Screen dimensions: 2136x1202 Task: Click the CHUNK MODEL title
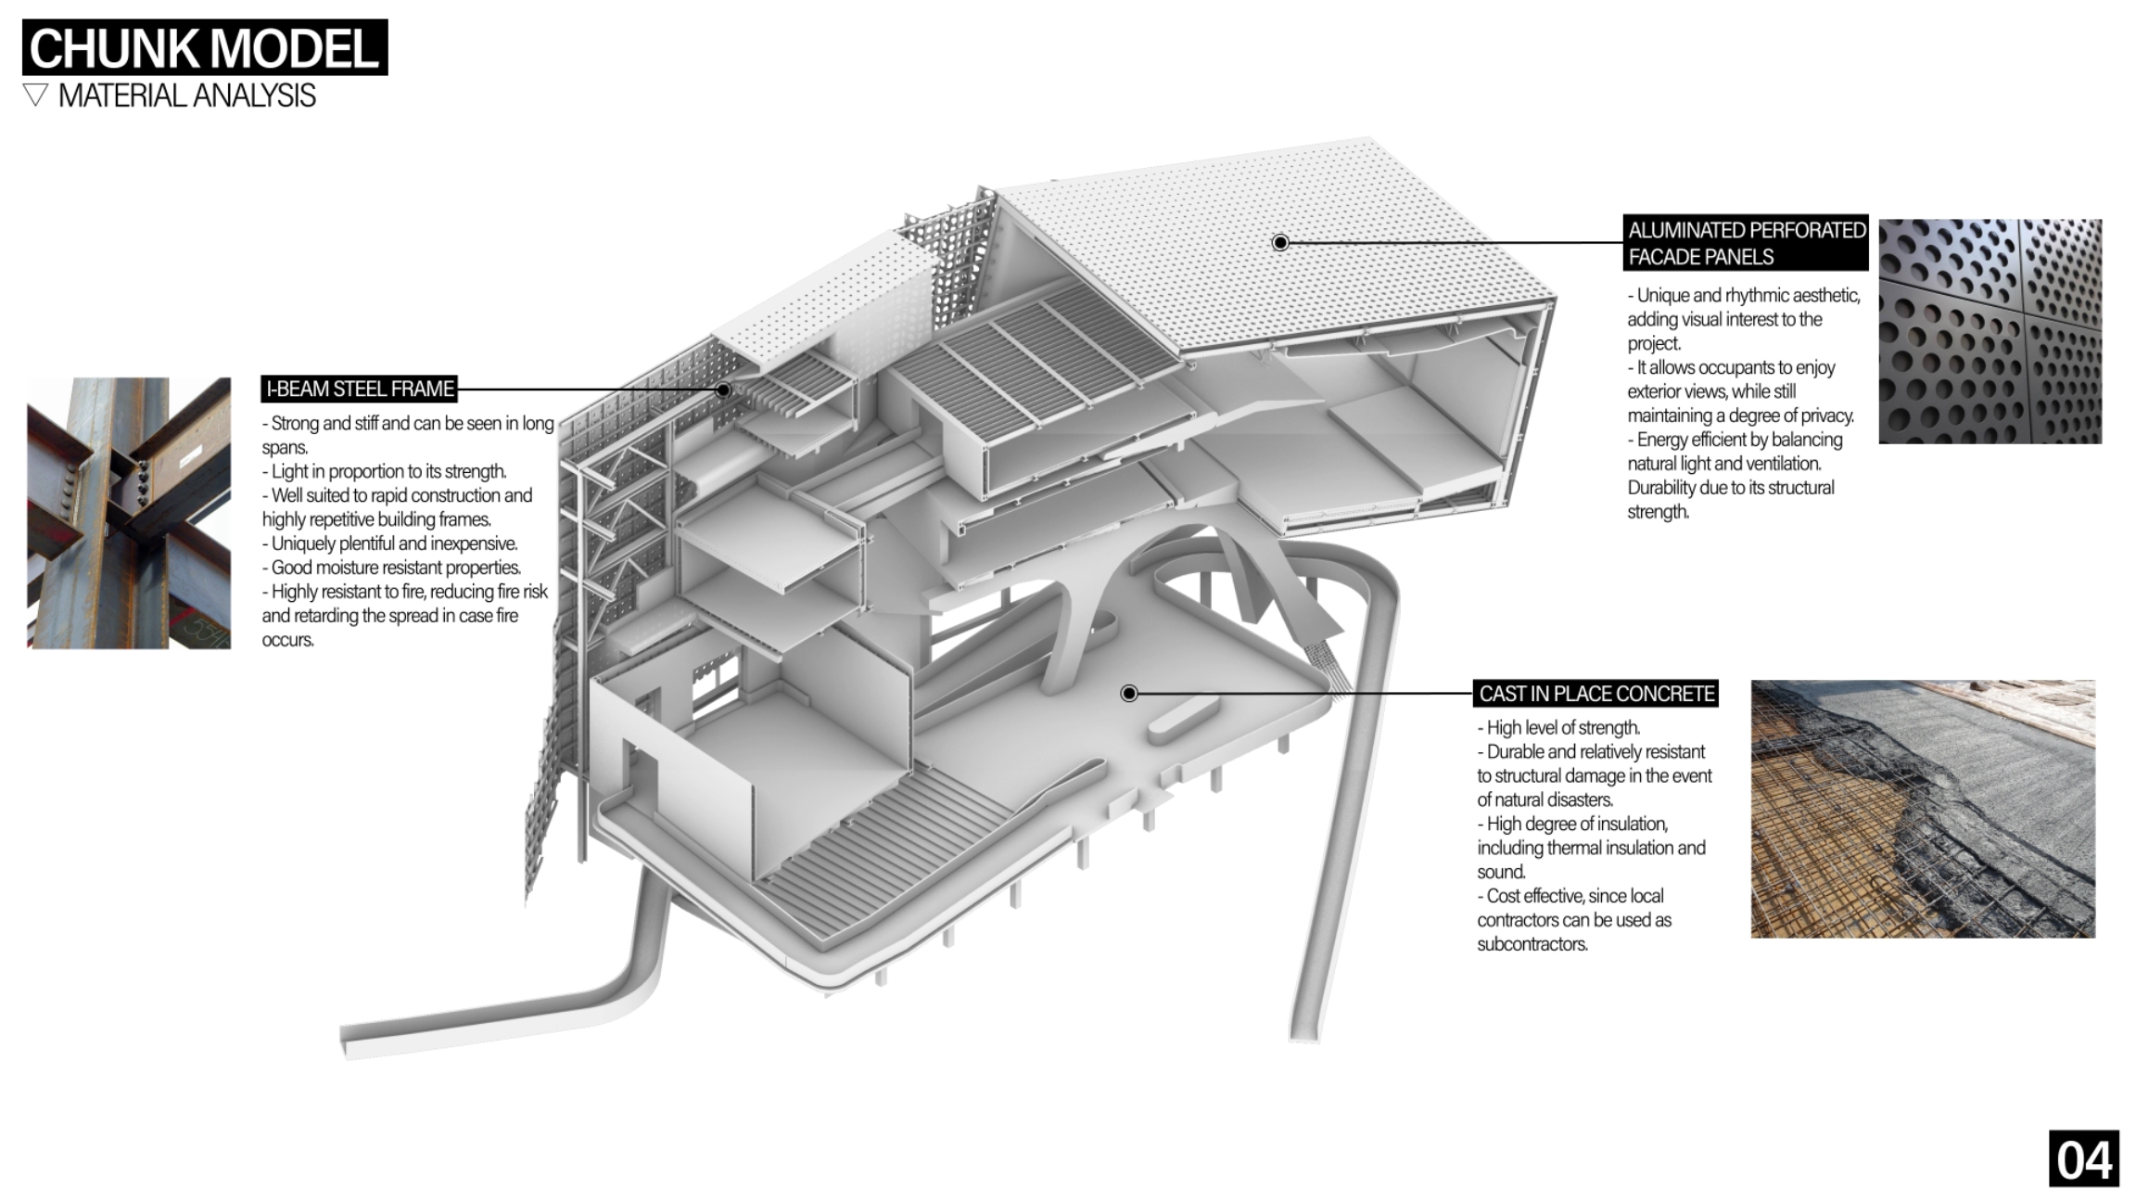[205, 47]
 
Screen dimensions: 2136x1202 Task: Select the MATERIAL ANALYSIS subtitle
[186, 96]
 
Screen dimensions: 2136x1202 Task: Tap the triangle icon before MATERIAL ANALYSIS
[35, 95]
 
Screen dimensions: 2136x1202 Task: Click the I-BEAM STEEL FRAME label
[360, 389]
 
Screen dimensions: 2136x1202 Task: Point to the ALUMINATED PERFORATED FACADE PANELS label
[1747, 243]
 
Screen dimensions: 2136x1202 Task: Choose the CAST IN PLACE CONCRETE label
[1596, 694]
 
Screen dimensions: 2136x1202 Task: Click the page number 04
[2084, 1159]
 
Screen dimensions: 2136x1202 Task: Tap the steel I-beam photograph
[129, 513]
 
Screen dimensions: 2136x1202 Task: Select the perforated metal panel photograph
[1990, 331]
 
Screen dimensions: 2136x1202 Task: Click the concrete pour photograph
[1923, 809]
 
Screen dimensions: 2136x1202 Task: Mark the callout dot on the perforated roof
[1280, 243]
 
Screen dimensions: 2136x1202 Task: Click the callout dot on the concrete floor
[1129, 694]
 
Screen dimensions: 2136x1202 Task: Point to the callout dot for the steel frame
[723, 390]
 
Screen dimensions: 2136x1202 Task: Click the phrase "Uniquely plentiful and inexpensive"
[394, 543]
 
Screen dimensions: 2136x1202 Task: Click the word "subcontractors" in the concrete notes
[1532, 944]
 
